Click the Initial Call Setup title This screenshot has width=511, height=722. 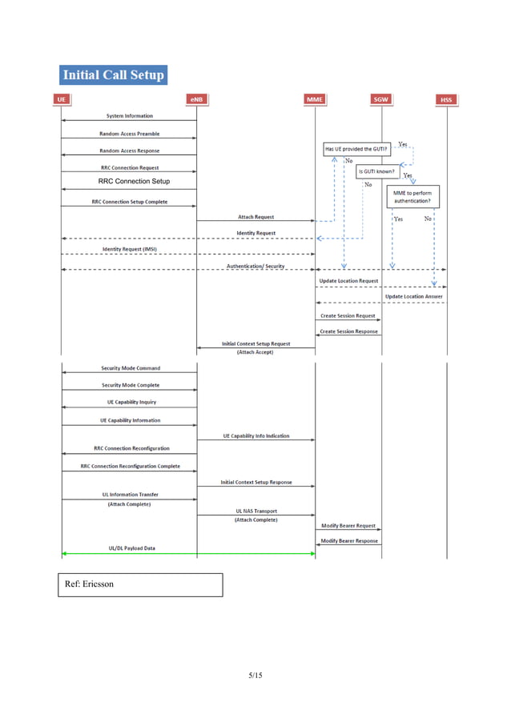pyautogui.click(x=113, y=75)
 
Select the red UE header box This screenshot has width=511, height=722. pyautogui.click(x=62, y=99)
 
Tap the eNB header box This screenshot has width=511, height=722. pyautogui.click(x=197, y=99)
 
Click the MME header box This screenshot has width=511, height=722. pyautogui.click(x=316, y=99)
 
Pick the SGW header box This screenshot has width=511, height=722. pyautogui.click(x=381, y=99)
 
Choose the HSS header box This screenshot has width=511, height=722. pyautogui.click(x=446, y=99)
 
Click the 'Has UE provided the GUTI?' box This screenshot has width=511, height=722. pyautogui.click(x=356, y=149)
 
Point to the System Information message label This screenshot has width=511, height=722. pyautogui.click(x=130, y=116)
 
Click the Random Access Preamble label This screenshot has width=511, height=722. pyautogui.click(x=129, y=134)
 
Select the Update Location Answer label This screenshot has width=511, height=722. pyautogui.click(x=413, y=296)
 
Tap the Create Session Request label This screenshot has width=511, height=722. pyautogui.click(x=348, y=315)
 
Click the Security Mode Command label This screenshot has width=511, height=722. pyautogui.click(x=130, y=368)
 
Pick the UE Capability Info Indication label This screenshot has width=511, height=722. pyautogui.click(x=255, y=436)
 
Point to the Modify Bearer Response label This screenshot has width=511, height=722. pyautogui.click(x=348, y=541)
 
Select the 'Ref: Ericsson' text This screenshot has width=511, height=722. pyautogui.click(x=89, y=584)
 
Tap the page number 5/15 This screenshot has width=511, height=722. pyautogui.click(x=255, y=676)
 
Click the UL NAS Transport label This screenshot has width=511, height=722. pyautogui.click(x=255, y=511)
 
